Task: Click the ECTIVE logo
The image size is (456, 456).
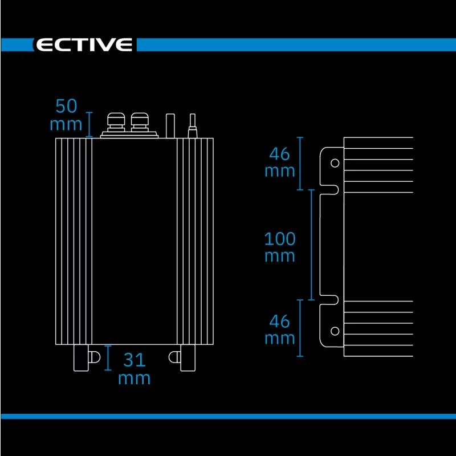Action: click(84, 44)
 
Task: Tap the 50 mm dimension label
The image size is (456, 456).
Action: click(66, 115)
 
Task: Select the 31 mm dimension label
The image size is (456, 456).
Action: click(134, 368)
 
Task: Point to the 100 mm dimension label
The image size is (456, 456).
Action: click(280, 247)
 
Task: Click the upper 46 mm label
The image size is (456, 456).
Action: click(280, 162)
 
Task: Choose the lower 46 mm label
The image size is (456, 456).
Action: click(280, 329)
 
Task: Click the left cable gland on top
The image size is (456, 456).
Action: click(116, 123)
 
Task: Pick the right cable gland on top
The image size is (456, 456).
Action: click(140, 123)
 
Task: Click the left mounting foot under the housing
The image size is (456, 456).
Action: click(81, 358)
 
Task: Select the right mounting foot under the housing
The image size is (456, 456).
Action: click(188, 358)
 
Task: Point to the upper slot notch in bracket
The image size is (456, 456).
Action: click(329, 190)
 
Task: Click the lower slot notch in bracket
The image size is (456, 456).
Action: click(329, 300)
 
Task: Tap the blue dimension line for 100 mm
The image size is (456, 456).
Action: click(311, 245)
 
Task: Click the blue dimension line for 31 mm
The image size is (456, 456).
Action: click(108, 358)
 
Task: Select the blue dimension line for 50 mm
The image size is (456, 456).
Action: click(89, 124)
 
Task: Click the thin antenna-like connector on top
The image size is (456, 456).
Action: click(192, 125)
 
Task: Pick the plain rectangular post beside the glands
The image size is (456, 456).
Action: click(170, 125)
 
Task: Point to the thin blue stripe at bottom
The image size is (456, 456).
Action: click(229, 416)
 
